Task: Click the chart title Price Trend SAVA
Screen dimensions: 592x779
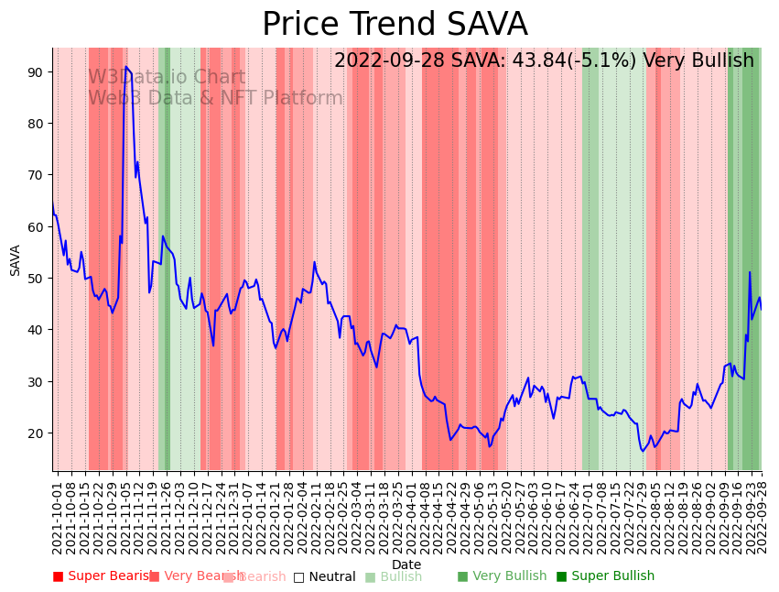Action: [x=395, y=25]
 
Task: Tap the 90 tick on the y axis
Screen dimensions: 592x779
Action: [x=38, y=71]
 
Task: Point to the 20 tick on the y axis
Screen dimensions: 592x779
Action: [x=38, y=433]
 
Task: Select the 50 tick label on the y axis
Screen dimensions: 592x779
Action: [x=38, y=278]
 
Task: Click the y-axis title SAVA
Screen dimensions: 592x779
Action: [x=16, y=260]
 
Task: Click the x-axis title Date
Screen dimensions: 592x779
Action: [x=406, y=565]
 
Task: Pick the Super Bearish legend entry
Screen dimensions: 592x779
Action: [x=103, y=576]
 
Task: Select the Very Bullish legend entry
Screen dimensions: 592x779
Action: [x=502, y=576]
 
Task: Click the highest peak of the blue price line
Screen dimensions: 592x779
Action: [x=125, y=67]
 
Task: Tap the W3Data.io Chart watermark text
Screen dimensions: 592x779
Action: [x=167, y=78]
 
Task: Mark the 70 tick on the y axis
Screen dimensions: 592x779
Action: [x=38, y=174]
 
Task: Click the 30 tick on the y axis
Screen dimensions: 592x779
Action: [x=38, y=381]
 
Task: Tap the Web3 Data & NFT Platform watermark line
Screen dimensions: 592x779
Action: [x=215, y=99]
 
